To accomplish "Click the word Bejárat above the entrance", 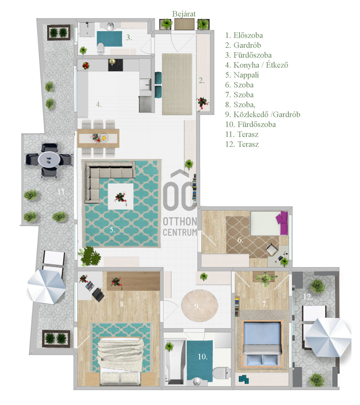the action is pyautogui.click(x=184, y=14).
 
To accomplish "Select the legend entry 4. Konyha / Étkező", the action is pyautogui.click(x=256, y=65).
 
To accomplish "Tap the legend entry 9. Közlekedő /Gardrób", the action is pyautogui.click(x=262, y=114).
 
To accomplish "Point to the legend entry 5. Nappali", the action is pyautogui.click(x=242, y=75).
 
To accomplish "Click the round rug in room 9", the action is pyautogui.click(x=200, y=305).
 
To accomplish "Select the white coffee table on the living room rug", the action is pyautogui.click(x=121, y=196).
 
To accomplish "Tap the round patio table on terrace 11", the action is pyautogui.click(x=49, y=160).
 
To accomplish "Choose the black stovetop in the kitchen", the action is pyautogui.click(x=115, y=65).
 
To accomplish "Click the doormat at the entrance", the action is pyautogui.click(x=184, y=24).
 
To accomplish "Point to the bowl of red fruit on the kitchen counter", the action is pyautogui.click(x=86, y=65).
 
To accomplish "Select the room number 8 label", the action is pyautogui.click(x=123, y=304).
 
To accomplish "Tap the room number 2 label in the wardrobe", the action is pyautogui.click(x=201, y=80).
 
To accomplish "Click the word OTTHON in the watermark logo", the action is pyautogui.click(x=180, y=222).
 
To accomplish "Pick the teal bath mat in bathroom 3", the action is pyautogui.click(x=109, y=39).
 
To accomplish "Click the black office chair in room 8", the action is pyautogui.click(x=98, y=294).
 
